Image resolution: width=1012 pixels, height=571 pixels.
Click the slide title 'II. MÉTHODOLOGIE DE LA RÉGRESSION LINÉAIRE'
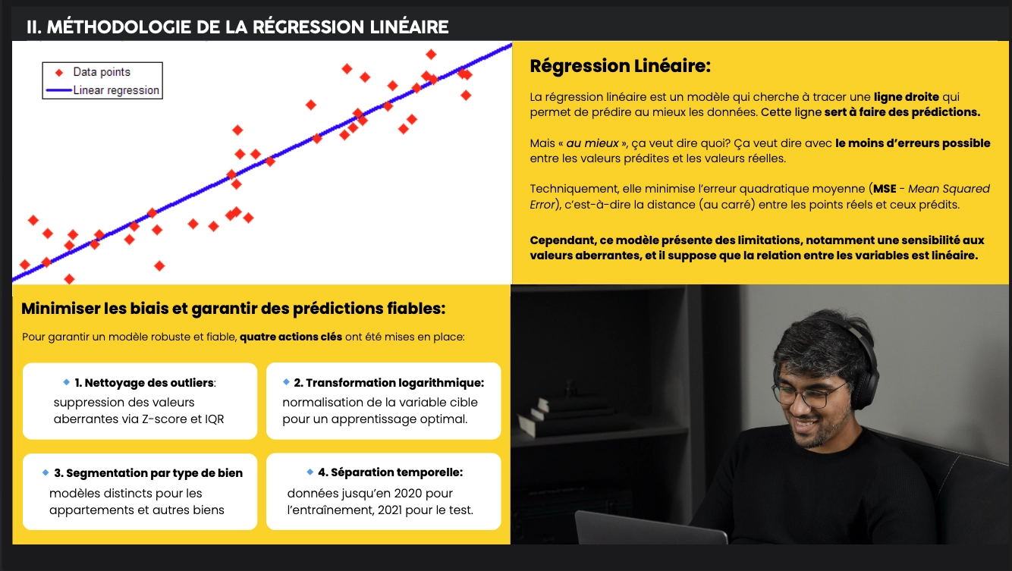pos(237,27)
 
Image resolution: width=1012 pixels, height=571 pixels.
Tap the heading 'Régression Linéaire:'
pos(620,66)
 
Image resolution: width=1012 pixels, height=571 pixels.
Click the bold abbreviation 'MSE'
pos(884,189)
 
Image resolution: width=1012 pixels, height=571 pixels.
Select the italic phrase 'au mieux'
pos(592,143)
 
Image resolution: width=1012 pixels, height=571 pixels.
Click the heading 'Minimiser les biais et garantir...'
pos(233,309)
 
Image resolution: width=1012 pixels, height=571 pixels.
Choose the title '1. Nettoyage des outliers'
pos(144,383)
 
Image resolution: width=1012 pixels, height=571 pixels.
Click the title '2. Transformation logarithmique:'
pos(388,383)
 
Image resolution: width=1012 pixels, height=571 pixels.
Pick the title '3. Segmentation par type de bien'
pos(148,472)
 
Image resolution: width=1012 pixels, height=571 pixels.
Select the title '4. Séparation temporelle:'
pos(390,472)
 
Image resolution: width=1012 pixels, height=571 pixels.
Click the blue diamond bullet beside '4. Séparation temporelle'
pos(310,472)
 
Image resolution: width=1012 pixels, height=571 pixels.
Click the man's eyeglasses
pos(807,392)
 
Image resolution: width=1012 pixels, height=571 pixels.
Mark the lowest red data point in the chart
pos(69,279)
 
